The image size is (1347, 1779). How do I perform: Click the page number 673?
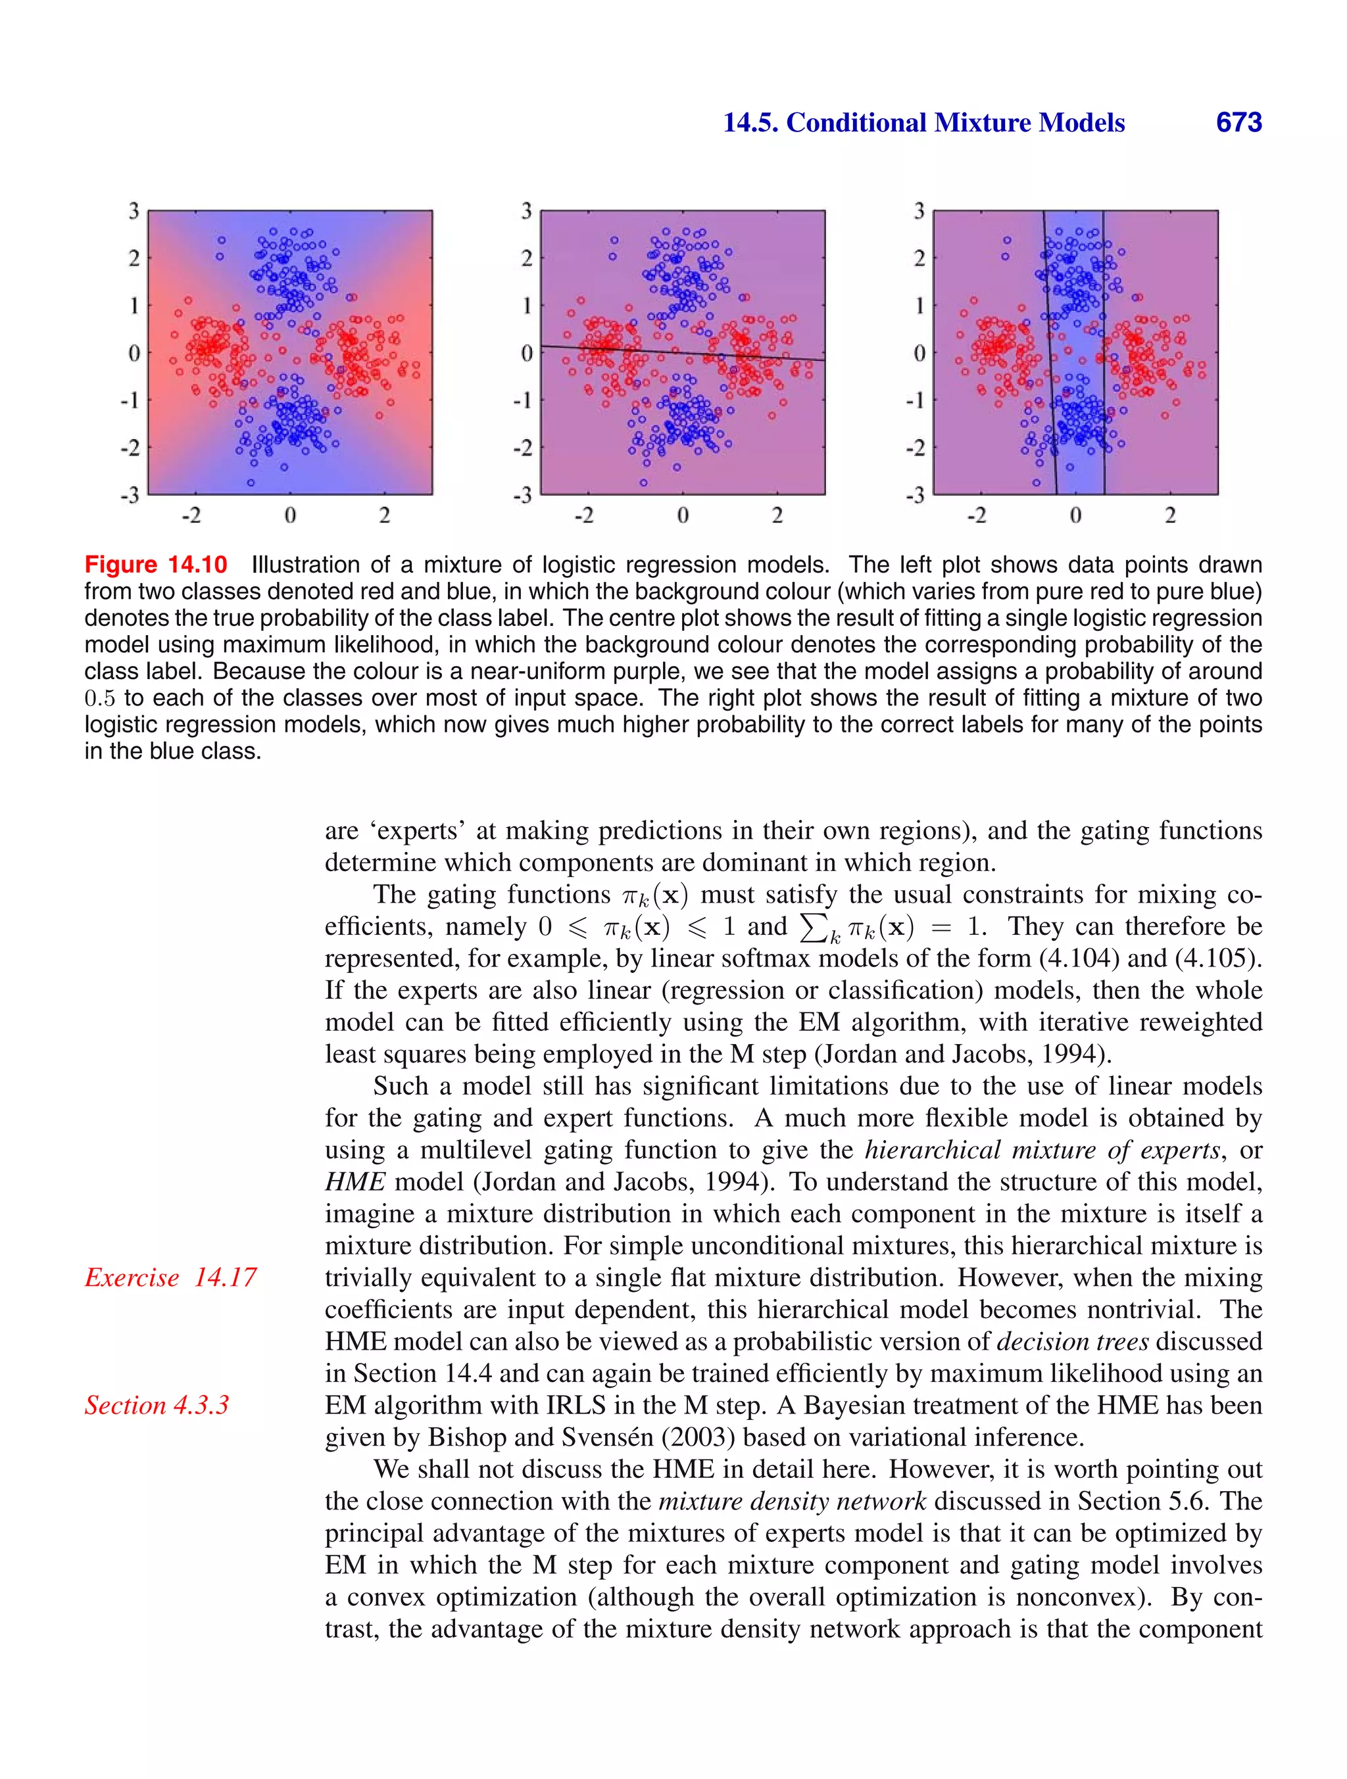1238,123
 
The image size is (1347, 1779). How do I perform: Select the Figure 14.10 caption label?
156,565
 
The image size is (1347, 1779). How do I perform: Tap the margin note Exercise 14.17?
170,1277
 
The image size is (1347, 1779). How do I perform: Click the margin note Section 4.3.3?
157,1405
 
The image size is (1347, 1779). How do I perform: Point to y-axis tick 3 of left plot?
134,212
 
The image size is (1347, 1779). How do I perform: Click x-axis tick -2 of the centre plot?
583,515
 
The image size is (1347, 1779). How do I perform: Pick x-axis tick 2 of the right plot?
1170,515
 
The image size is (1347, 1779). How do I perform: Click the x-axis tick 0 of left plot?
289,515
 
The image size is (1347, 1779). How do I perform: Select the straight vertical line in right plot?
1103,354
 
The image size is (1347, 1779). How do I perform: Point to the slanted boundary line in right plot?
1050,354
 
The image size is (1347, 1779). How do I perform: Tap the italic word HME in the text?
355,1182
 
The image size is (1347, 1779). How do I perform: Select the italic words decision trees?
1073,1342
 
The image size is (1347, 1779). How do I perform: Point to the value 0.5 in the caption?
100,698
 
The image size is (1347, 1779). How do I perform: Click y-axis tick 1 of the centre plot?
527,306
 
